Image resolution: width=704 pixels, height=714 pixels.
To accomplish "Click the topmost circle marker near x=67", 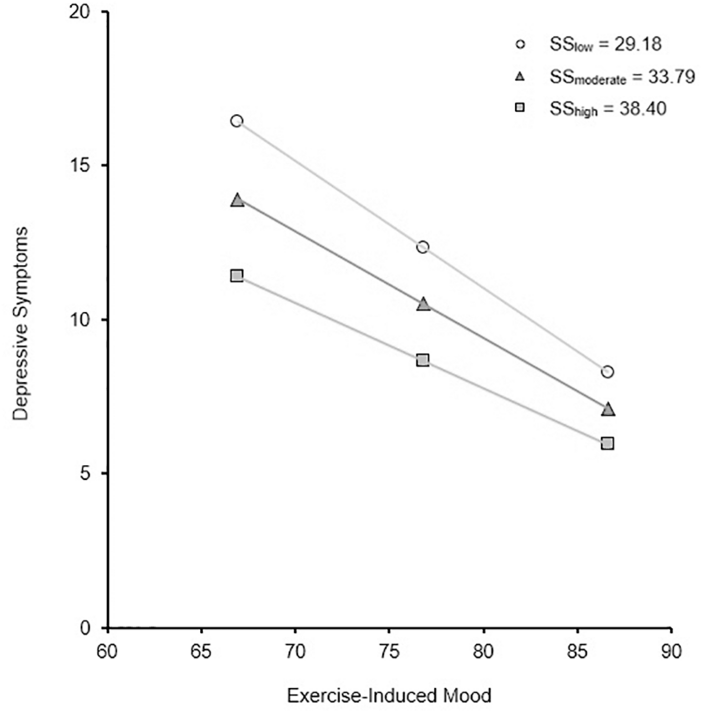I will click(237, 121).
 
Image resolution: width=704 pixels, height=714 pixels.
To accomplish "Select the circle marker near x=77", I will click(423, 247).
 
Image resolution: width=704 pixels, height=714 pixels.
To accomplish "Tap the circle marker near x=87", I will click(607, 371).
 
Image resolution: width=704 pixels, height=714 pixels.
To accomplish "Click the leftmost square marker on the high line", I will click(237, 276).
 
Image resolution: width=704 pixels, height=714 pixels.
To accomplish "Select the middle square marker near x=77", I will click(423, 360).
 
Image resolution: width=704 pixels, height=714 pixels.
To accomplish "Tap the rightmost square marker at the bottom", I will click(607, 443).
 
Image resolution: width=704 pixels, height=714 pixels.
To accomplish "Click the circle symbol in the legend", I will click(520, 45).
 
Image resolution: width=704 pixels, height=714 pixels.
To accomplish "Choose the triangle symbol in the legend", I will click(520, 77).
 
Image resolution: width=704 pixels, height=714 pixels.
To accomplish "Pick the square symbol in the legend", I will click(520, 108).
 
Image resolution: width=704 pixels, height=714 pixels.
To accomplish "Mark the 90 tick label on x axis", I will click(671, 652).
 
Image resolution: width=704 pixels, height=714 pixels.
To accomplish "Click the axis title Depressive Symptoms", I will click(20, 324).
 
